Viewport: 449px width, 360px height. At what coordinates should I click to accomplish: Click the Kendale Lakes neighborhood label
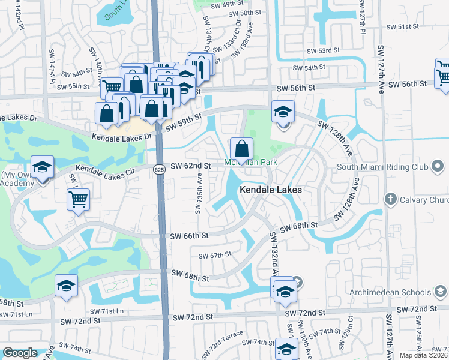[x=271, y=190]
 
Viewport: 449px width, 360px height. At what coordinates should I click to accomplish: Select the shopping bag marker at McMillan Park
[x=241, y=148]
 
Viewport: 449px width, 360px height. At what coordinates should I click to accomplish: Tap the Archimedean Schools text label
[x=391, y=293]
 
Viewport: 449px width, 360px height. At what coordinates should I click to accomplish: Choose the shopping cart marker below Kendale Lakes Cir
[x=79, y=199]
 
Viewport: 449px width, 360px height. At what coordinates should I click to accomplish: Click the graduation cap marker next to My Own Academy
[x=42, y=167]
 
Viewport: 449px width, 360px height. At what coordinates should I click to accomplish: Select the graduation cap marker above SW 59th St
[x=282, y=112]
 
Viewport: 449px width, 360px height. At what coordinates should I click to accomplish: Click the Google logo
[x=20, y=353]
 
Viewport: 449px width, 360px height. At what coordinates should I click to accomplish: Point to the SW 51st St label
[x=402, y=27]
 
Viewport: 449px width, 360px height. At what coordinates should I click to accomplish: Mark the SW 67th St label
[x=215, y=255]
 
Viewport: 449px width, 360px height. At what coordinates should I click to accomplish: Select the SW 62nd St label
[x=191, y=166]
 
